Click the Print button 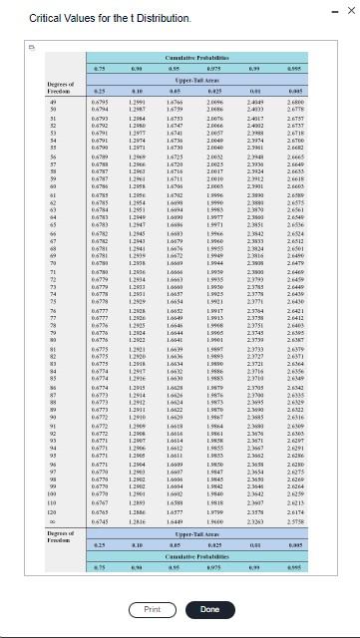pos(153,607)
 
